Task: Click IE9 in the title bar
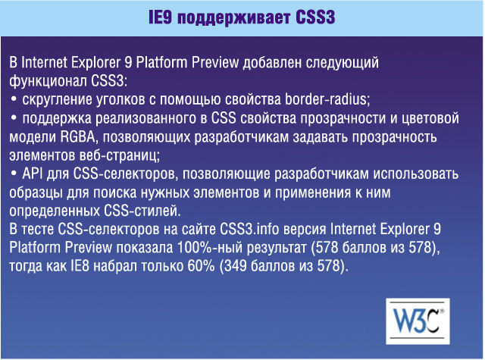(x=160, y=17)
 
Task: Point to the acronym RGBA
(x=77, y=136)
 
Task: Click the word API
(x=32, y=174)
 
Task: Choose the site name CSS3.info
(x=249, y=229)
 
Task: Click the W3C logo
(x=418, y=321)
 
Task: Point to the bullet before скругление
(x=14, y=99)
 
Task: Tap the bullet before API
(x=14, y=174)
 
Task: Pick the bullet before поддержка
(x=14, y=117)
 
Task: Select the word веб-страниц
(x=120, y=155)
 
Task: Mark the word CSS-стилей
(x=140, y=211)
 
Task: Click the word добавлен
(x=272, y=63)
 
